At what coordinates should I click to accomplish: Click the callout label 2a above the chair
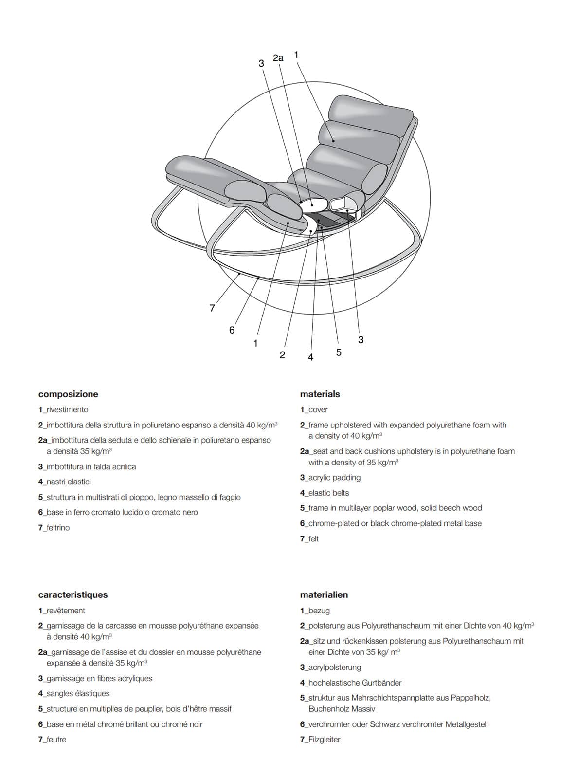(278, 58)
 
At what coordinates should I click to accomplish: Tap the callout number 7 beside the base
(212, 308)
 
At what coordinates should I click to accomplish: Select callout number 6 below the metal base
(232, 330)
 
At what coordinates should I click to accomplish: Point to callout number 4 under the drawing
(310, 357)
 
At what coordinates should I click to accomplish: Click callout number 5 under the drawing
(339, 352)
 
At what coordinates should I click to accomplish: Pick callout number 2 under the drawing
(282, 355)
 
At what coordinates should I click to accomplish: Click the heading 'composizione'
(68, 394)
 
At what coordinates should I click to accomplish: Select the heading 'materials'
(320, 394)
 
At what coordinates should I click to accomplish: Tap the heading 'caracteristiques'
(73, 595)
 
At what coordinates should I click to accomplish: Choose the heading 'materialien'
(324, 595)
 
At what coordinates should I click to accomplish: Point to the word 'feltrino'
(58, 528)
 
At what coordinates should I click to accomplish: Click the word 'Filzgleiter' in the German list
(324, 740)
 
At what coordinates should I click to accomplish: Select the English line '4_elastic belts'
(325, 493)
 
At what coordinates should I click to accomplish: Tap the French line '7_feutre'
(52, 740)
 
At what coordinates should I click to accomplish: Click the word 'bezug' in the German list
(319, 611)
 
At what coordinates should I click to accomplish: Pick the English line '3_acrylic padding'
(330, 478)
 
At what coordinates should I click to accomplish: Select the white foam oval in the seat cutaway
(313, 205)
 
